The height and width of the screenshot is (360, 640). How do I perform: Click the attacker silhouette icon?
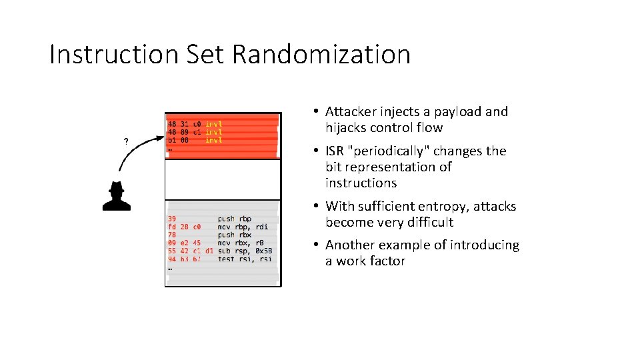point(116,196)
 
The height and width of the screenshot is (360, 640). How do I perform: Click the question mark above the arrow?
point(126,141)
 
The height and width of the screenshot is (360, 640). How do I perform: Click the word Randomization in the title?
point(321,54)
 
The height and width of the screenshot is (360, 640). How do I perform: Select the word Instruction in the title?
point(110,54)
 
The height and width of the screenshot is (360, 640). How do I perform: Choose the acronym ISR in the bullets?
point(335,151)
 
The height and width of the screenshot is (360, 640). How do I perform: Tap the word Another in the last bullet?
point(351,245)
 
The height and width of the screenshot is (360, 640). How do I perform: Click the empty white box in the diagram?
point(223,179)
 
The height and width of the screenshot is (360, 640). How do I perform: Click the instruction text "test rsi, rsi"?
point(245,259)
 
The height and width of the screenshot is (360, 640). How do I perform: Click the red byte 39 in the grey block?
point(172,219)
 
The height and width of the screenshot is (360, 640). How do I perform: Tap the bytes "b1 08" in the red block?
point(177,140)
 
